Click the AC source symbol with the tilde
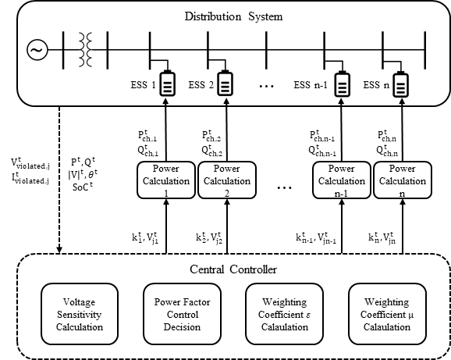click(37, 50)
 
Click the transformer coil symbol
click(85, 49)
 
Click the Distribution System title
click(233, 16)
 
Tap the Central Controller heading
click(233, 269)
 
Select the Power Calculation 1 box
click(166, 180)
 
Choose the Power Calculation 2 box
click(227, 180)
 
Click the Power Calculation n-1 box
click(342, 180)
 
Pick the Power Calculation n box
click(403, 180)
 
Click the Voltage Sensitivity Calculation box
click(80, 314)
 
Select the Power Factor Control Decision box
click(182, 314)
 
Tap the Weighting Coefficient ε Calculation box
click(285, 314)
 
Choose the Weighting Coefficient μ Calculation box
click(387, 314)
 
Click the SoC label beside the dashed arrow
click(83, 187)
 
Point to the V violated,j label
click(30, 164)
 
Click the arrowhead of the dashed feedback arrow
click(59, 250)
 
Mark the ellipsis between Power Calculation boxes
click(285, 187)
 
